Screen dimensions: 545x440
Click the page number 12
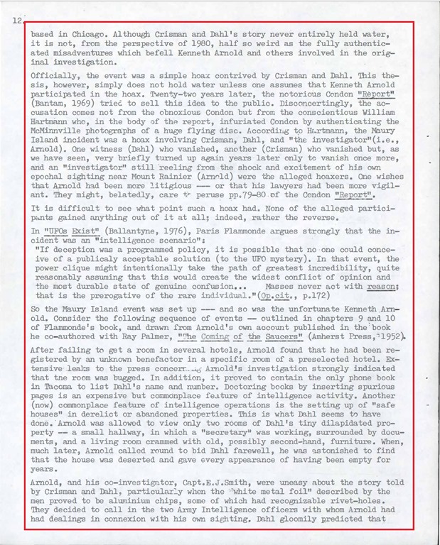pyautogui.click(x=17, y=21)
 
